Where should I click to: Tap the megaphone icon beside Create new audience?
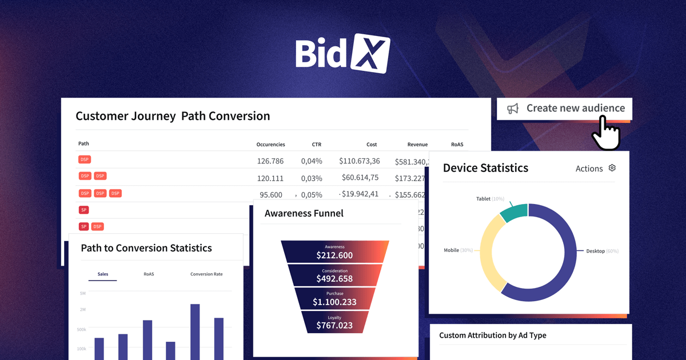[x=513, y=109]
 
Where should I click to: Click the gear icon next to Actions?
[x=612, y=168]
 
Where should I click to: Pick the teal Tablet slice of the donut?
[x=513, y=213]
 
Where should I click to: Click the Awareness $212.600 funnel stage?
[x=335, y=252]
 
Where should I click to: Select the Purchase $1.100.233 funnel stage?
[x=335, y=298]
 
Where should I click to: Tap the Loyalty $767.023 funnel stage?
[x=335, y=322]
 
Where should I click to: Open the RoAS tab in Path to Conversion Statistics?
[x=149, y=274]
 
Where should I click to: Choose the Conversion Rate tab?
[x=206, y=274]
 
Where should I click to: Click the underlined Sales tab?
[x=103, y=274]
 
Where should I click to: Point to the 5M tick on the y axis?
[x=82, y=293]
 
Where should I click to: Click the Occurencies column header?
[x=270, y=145]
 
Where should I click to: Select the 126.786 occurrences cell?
[x=270, y=161]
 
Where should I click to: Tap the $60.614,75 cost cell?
[x=360, y=178]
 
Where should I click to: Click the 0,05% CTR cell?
[x=312, y=194]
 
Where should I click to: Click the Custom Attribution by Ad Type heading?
[x=492, y=335]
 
